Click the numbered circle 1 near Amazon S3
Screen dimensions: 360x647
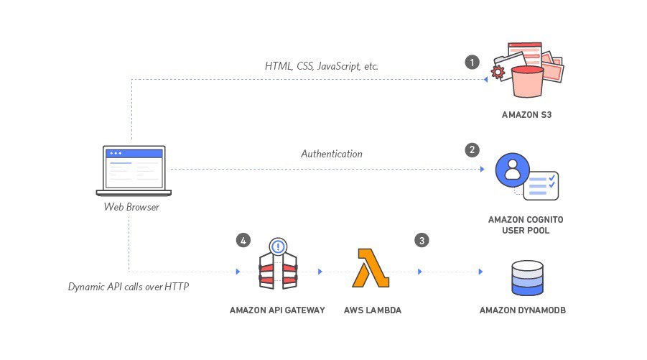point(472,61)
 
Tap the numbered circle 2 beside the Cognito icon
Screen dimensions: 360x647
point(472,149)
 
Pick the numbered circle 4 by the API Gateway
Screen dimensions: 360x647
point(244,240)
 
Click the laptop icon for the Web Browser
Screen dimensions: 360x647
point(134,171)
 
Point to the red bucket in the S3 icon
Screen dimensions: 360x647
point(526,83)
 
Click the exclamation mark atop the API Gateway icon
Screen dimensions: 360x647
point(277,246)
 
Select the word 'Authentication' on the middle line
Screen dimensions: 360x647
point(331,154)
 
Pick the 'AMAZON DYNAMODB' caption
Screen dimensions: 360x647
point(527,310)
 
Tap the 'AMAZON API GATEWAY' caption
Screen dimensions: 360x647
point(277,310)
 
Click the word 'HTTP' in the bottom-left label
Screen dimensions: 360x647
point(180,286)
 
